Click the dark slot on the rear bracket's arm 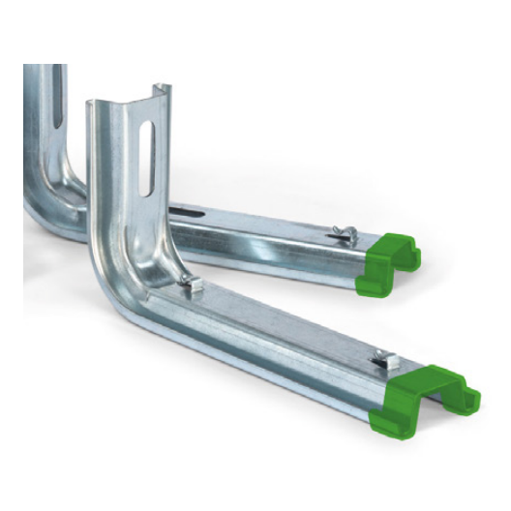point(184,208)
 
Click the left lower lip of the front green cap point(382,418)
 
